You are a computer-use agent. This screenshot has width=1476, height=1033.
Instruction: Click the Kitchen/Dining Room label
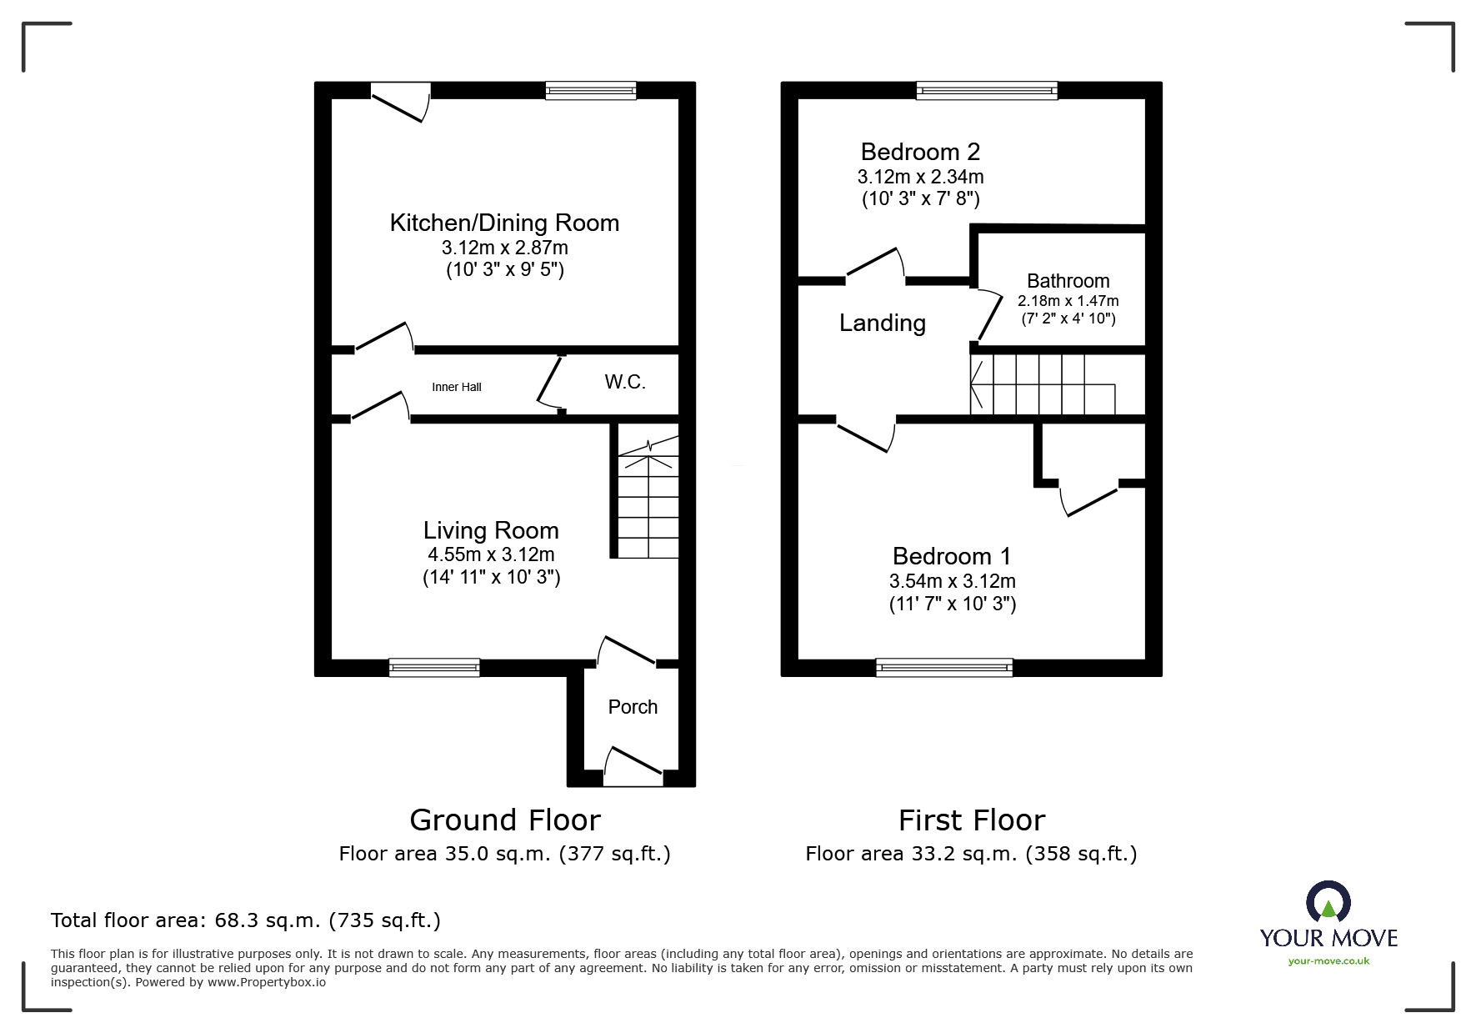[x=504, y=223]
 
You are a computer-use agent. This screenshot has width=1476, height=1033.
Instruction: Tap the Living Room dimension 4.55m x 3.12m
[x=491, y=554]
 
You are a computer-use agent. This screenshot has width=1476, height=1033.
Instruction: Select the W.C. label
[x=625, y=383]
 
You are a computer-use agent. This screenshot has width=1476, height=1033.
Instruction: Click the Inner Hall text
[x=456, y=387]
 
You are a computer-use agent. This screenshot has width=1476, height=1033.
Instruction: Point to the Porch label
[x=633, y=707]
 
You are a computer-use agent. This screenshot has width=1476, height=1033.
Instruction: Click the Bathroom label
[x=1068, y=281]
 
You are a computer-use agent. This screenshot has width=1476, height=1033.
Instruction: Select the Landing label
[x=882, y=323]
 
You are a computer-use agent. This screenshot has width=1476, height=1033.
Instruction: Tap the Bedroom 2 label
[x=920, y=152]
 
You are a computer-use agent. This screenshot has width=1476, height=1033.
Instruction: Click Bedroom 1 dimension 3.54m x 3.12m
[x=952, y=581]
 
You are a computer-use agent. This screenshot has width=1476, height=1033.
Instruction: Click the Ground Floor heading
[x=504, y=820]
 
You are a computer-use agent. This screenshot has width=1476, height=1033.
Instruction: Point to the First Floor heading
[x=971, y=820]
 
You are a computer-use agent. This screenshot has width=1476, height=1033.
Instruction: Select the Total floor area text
[x=246, y=920]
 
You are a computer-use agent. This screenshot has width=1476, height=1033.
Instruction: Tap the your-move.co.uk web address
[x=1328, y=961]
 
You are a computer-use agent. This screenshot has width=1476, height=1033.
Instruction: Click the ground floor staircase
[x=648, y=500]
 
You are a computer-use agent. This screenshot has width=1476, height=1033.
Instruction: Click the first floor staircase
[x=1042, y=384]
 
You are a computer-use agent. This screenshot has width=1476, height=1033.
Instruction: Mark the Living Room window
[x=434, y=667]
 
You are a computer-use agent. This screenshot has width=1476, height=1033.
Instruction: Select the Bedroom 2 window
[x=987, y=90]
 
